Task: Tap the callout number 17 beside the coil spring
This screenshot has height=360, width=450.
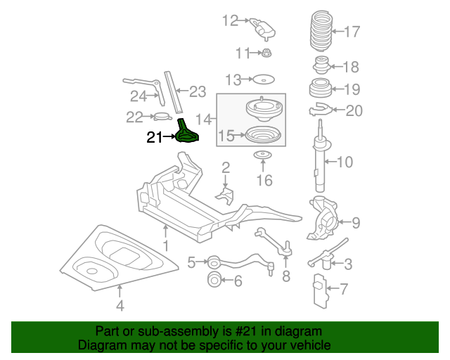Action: [352, 31]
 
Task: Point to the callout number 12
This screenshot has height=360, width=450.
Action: [231, 20]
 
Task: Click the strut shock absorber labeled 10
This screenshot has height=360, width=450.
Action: [322, 158]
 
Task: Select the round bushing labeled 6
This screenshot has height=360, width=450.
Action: [213, 282]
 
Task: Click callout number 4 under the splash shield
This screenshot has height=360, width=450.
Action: [120, 306]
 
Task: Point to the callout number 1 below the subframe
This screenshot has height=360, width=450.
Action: [166, 245]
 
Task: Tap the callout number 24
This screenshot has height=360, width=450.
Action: [138, 96]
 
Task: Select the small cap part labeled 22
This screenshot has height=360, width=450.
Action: [161, 117]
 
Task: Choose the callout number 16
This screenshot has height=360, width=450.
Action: [264, 181]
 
